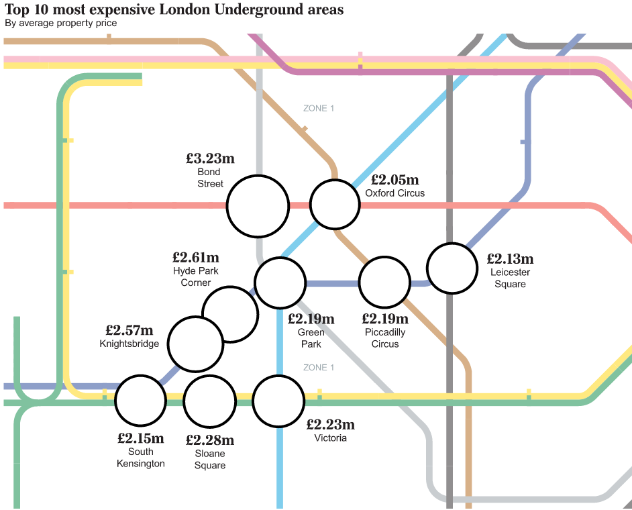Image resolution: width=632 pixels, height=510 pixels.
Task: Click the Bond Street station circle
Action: click(x=258, y=206)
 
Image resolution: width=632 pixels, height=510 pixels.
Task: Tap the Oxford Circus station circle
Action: click(x=335, y=205)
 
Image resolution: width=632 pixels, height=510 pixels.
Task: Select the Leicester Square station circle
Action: click(x=452, y=268)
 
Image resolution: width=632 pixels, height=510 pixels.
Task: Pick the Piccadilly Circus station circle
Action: click(x=384, y=283)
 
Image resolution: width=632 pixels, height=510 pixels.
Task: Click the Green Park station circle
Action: click(x=280, y=283)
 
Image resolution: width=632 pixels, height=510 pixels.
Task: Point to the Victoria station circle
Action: click(x=278, y=401)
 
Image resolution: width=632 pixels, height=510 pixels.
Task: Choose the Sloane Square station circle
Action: click(x=209, y=401)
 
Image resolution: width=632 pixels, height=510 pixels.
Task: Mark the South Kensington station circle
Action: click(x=140, y=401)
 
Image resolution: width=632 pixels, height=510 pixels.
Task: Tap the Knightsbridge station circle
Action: click(x=195, y=343)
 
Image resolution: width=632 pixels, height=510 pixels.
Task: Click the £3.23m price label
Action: click(x=210, y=159)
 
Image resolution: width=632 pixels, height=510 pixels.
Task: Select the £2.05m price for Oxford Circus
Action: click(x=394, y=180)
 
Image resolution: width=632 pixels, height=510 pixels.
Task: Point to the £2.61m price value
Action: click(x=195, y=257)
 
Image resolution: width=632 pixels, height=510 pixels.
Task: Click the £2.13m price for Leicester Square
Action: click(x=510, y=258)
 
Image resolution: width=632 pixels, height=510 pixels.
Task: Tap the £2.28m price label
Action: click(x=210, y=440)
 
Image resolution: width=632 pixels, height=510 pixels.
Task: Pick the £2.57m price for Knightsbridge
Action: click(x=129, y=330)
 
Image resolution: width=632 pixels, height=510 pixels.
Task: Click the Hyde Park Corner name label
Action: click(x=195, y=276)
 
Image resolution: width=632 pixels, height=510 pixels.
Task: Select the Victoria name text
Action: click(x=330, y=438)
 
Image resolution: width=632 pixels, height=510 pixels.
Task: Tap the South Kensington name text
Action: click(x=140, y=458)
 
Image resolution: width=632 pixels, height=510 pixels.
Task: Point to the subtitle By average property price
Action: click(x=60, y=23)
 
